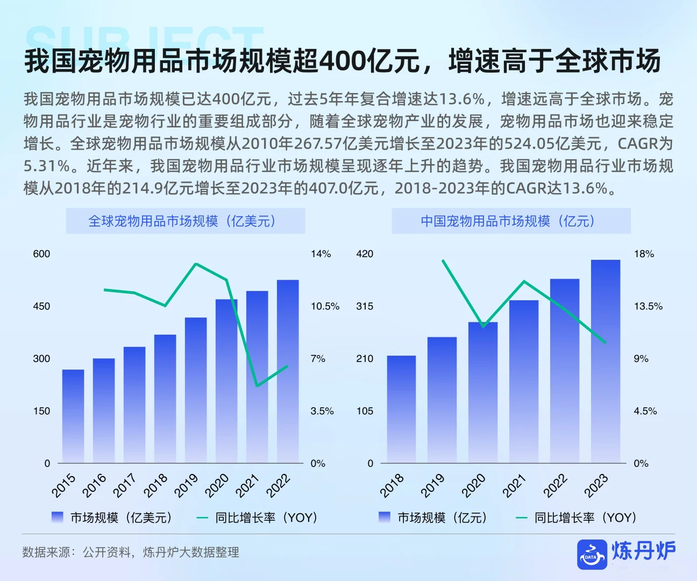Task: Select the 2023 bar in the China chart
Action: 605,361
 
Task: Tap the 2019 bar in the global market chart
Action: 196,389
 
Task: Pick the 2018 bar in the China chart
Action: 401,409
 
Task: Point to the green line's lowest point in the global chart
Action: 258,386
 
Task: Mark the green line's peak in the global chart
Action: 196,264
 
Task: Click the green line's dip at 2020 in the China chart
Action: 483,326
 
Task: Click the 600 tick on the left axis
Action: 41,254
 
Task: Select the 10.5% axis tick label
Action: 325,306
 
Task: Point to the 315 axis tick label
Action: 364,306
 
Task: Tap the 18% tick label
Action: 644,254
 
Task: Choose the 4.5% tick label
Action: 645,411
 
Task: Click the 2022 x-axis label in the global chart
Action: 279,486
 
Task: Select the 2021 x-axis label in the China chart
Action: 514,486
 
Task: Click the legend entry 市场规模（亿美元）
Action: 112,518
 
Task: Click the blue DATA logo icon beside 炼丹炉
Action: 591,554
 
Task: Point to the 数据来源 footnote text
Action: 131,552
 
